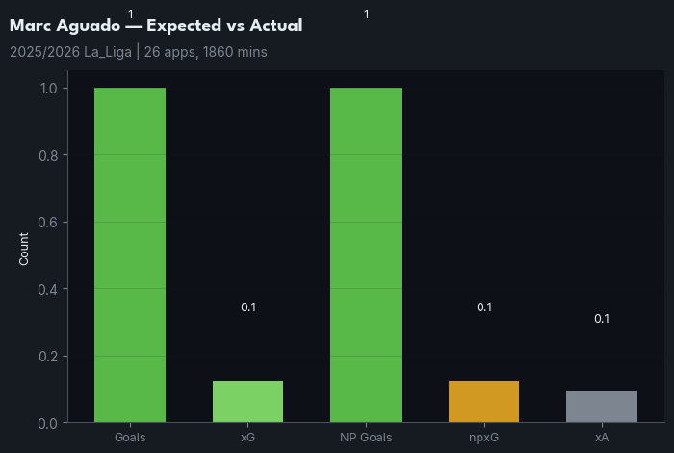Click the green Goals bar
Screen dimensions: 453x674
(x=130, y=255)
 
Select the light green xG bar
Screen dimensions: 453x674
(x=247, y=402)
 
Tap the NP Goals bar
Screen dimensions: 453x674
(x=366, y=255)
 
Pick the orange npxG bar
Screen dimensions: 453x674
(x=483, y=402)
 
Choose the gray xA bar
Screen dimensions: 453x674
(x=601, y=407)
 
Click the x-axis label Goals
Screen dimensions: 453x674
(x=130, y=438)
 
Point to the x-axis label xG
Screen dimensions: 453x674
(x=247, y=438)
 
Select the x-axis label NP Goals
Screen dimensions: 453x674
(x=366, y=438)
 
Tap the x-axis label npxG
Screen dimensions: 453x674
(x=483, y=438)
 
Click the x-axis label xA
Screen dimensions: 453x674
(x=601, y=438)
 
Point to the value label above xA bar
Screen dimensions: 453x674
(x=601, y=319)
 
